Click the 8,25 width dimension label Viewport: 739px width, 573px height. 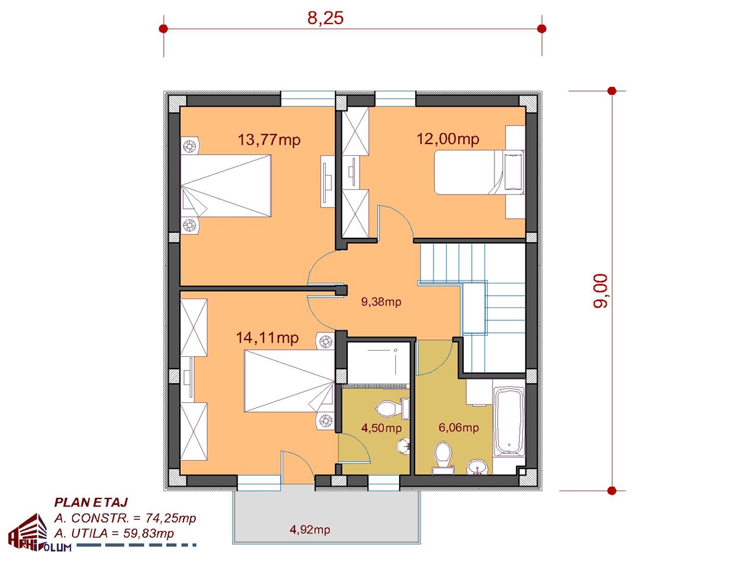[325, 18]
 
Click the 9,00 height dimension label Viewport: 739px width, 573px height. [600, 291]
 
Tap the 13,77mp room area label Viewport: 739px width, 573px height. [269, 139]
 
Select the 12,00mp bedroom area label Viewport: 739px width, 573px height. [448, 139]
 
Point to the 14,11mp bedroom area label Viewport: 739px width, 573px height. [267, 338]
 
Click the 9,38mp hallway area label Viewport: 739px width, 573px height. [381, 301]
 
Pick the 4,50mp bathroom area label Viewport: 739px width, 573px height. [381, 428]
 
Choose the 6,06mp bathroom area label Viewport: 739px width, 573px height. [458, 428]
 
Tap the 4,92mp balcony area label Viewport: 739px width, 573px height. [310, 529]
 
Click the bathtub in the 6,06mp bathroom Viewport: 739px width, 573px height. [509, 421]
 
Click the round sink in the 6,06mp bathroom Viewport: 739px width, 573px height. [477, 466]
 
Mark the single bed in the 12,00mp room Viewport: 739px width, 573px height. [480, 172]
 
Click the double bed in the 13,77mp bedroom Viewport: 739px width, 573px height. [225, 186]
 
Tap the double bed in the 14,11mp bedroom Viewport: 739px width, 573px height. [289, 381]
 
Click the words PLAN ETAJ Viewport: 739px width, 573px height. [91, 502]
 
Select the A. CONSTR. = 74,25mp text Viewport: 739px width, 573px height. [125, 518]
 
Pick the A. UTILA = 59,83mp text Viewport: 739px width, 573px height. [114, 534]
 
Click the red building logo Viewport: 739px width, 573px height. [28, 532]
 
